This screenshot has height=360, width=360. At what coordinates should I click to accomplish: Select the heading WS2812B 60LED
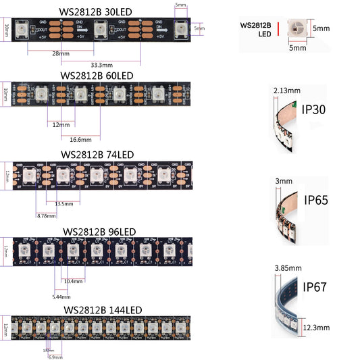pyautogui.click(x=97, y=75)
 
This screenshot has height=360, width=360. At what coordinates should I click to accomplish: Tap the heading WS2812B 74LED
pyautogui.click(x=97, y=154)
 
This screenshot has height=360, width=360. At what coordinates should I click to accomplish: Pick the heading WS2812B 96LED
pyautogui.click(x=99, y=231)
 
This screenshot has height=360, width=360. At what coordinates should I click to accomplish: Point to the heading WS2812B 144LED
pyautogui.click(x=103, y=309)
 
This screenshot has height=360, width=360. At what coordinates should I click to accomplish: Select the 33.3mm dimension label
pyautogui.click(x=102, y=65)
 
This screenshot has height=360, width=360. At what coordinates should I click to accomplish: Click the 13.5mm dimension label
pyautogui.click(x=64, y=203)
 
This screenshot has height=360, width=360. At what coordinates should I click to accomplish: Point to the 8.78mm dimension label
pyautogui.click(x=45, y=215)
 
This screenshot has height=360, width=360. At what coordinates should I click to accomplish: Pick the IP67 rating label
pyautogui.click(x=315, y=286)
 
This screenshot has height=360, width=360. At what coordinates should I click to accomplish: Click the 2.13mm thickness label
pyautogui.click(x=286, y=90)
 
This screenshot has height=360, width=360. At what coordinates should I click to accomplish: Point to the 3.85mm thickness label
pyautogui.click(x=286, y=268)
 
